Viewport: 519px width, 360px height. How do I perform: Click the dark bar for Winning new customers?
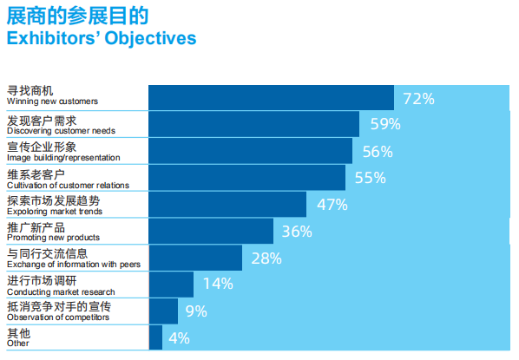coord(271,98)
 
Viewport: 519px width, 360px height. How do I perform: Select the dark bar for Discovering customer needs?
coord(254,124)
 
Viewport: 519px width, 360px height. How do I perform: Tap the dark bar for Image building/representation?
coord(250,151)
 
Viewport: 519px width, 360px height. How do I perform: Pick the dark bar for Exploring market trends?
coord(227,205)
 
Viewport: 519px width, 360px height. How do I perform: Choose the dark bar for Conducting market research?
coord(172,285)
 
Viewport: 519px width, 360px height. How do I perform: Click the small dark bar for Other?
coord(156,337)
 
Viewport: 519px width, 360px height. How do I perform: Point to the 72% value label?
coord(418,99)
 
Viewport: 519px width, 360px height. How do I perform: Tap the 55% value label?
coord(371,178)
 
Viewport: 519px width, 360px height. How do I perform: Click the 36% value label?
coord(297,232)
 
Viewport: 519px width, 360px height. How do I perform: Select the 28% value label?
coord(266,259)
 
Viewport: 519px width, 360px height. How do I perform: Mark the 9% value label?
coord(196,311)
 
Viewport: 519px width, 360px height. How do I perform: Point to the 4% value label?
coord(179,338)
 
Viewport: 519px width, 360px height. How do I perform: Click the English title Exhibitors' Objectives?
coord(102,38)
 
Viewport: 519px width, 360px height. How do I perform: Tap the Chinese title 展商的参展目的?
coord(78,16)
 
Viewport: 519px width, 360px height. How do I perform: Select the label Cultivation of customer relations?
coord(68,186)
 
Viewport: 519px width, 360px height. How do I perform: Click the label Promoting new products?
coord(53,238)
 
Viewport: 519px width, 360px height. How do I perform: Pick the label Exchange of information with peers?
coord(74,265)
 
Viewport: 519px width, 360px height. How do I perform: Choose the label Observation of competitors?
coord(58,317)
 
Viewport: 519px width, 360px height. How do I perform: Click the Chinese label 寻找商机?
coord(30,91)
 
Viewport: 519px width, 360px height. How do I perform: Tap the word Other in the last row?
coord(18,344)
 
